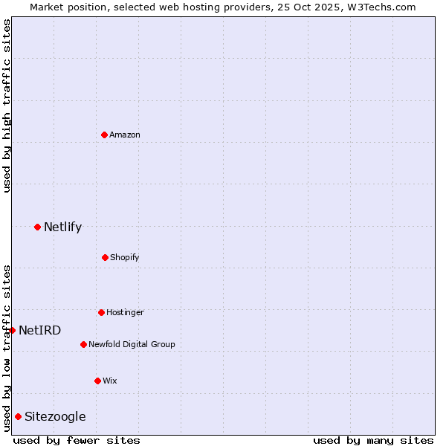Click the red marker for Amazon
point(105,135)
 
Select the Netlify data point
point(37,227)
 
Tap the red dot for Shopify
point(105,257)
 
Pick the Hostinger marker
point(101,312)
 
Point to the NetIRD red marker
point(12,330)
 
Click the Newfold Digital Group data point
point(83,344)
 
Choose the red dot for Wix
point(97,381)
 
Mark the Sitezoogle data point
point(18,416)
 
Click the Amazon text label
point(125,135)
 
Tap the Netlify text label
point(62,227)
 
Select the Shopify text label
point(125,257)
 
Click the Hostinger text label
point(125,312)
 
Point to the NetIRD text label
point(39,330)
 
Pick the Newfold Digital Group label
point(132,344)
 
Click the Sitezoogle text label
point(55,416)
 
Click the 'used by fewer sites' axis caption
point(77,440)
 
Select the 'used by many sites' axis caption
point(373,440)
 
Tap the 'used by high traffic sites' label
point(7,106)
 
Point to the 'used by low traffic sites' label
point(7,348)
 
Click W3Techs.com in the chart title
point(379,7)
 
